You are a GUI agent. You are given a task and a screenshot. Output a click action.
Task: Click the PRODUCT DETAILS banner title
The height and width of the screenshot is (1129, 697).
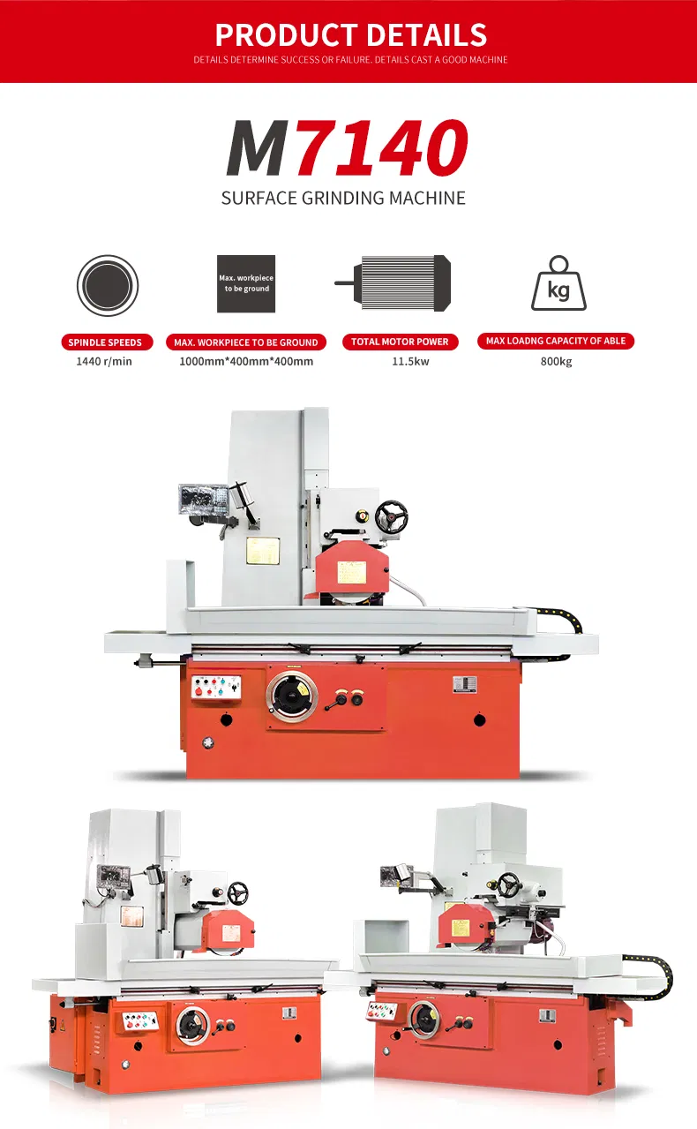351,34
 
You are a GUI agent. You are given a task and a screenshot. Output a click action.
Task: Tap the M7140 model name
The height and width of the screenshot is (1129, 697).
348,147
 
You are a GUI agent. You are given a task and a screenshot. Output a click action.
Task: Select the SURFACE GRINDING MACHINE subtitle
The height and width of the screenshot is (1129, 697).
343,198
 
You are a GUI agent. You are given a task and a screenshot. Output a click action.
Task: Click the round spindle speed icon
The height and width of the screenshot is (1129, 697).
108,285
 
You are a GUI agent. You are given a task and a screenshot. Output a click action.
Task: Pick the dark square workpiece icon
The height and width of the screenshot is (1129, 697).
246,283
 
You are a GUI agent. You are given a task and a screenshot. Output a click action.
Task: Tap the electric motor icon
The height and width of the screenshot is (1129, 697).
393,282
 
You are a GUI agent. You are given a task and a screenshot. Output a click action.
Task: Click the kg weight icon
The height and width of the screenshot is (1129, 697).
559,282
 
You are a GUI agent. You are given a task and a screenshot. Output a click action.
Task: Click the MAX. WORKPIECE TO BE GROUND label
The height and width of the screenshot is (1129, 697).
246,342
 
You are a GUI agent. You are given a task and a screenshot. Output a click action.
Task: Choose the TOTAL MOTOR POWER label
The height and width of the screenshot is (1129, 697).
401,342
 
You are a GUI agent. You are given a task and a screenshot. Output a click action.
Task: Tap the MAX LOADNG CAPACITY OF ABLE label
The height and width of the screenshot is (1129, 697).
556,342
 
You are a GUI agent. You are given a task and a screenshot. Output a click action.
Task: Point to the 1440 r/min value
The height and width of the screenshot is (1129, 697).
104,361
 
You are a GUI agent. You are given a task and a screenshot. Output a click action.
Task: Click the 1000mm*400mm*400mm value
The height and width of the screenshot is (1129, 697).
246,361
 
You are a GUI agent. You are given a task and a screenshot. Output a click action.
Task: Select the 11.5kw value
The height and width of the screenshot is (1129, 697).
410,361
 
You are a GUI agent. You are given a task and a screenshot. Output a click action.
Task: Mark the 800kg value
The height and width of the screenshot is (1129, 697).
556,361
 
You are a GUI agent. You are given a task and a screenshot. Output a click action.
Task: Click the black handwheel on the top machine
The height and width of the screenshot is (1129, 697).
392,516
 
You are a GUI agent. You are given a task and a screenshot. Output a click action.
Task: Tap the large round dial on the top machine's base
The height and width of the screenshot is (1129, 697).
292,696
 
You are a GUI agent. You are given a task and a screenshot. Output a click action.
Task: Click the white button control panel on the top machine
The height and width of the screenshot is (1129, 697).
216,688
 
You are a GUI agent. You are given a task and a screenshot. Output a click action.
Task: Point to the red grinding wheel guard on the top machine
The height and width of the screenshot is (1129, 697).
352,571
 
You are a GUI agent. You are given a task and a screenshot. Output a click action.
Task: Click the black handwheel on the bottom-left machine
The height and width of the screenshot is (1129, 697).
237,893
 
